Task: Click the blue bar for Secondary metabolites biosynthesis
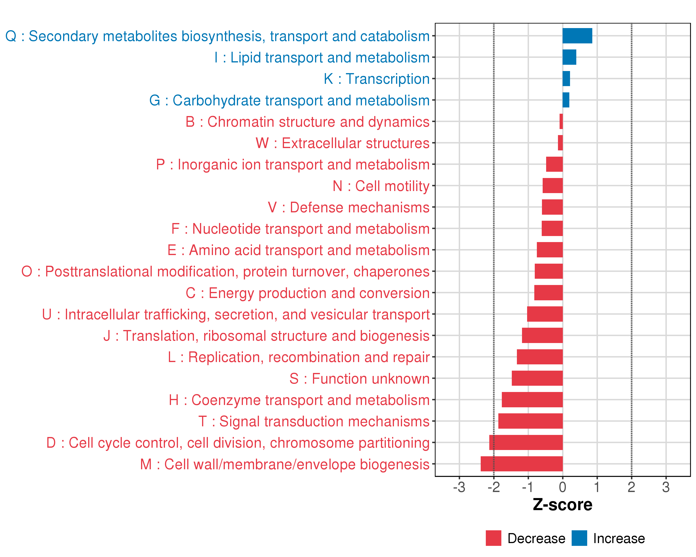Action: click(577, 36)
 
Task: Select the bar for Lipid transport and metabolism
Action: click(569, 57)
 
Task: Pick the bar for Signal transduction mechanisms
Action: click(530, 421)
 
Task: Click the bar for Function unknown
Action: click(537, 378)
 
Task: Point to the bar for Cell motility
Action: click(552, 186)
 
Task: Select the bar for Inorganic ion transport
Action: click(554, 164)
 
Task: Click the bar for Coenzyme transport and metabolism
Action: click(532, 400)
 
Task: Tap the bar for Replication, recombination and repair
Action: click(540, 357)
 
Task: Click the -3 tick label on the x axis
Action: click(459, 487)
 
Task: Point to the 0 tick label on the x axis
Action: click(562, 487)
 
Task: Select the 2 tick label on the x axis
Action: click(631, 487)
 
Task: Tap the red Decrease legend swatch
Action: click(493, 538)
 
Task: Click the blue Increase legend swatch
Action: click(579, 538)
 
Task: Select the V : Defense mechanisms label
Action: click(349, 207)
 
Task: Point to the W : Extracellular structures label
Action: click(342, 143)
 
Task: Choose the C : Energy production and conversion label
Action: click(308, 293)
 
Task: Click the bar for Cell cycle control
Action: click(526, 442)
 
